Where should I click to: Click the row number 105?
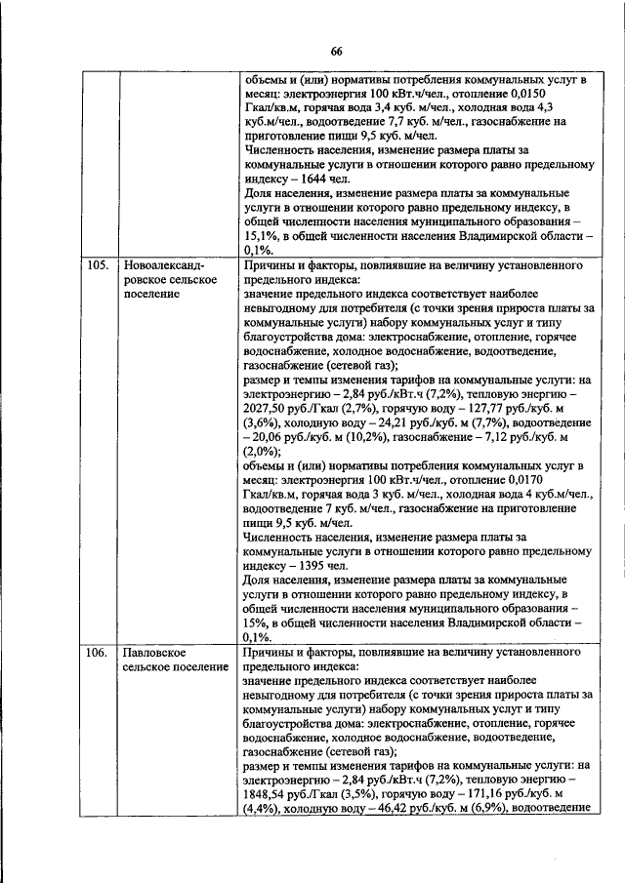click(93, 264)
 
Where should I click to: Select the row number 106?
click(93, 652)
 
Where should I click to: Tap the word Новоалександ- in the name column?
click(161, 264)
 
